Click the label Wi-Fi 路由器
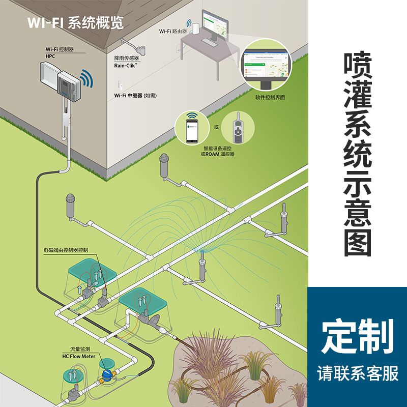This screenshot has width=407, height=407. tap(173, 31)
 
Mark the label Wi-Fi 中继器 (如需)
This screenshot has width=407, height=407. tap(135, 95)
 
